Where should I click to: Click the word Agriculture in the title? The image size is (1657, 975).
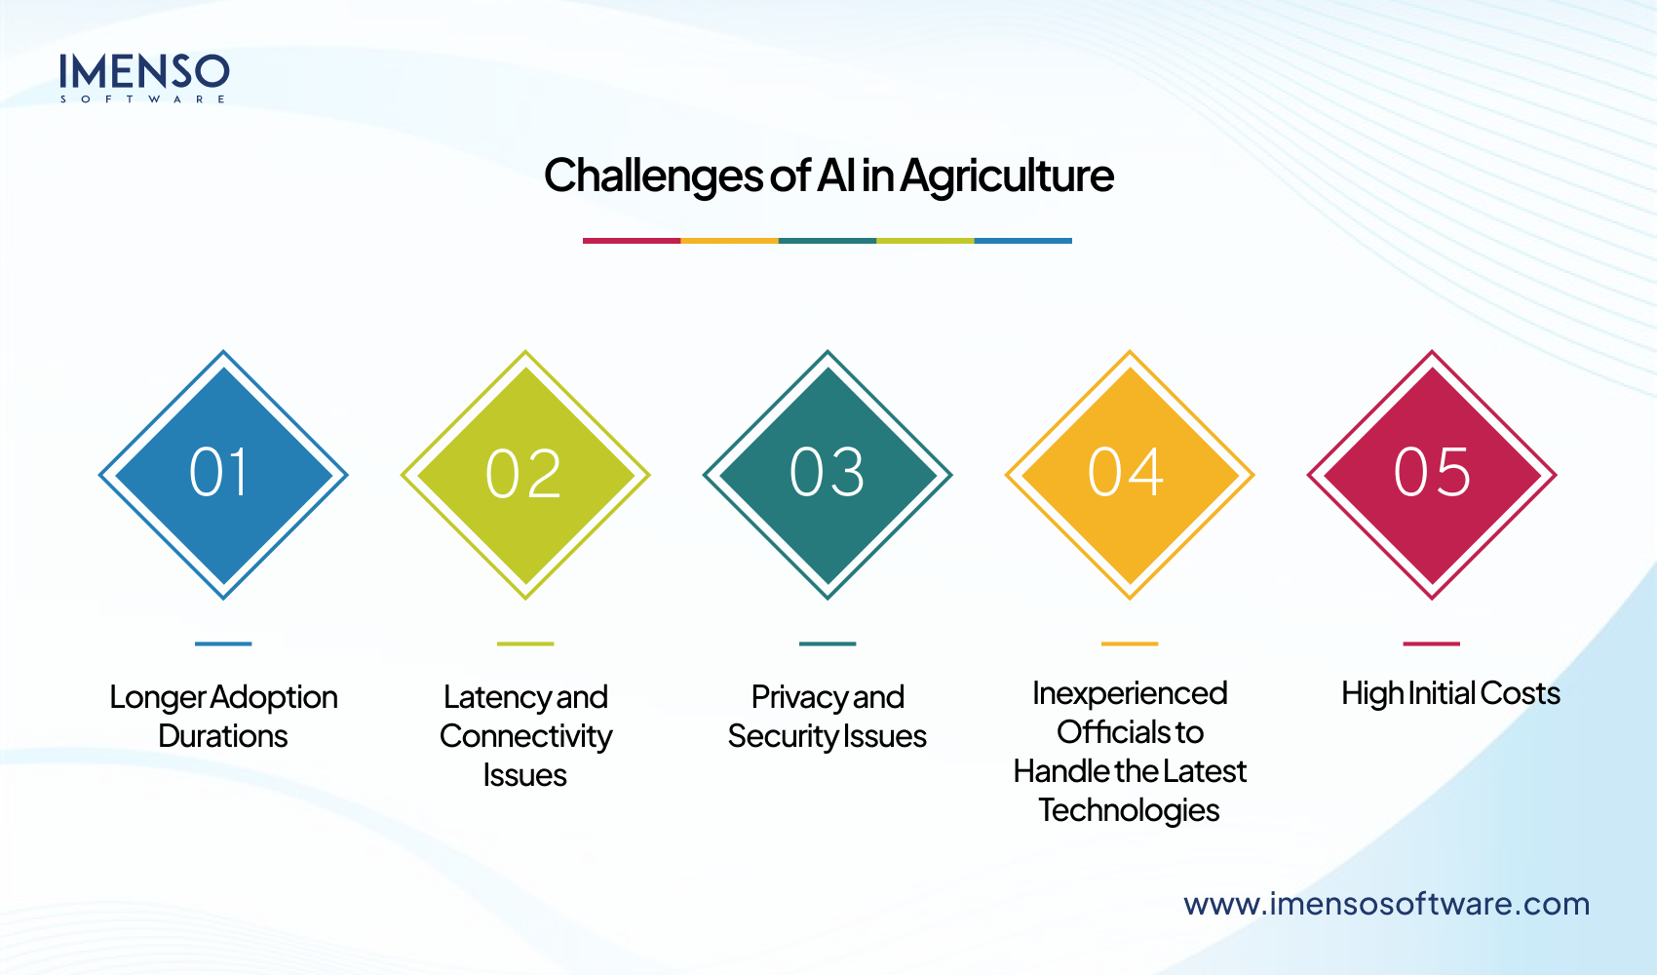click(x=1007, y=176)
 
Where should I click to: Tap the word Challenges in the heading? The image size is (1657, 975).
click(x=653, y=176)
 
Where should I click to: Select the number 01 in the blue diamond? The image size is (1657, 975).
click(x=220, y=473)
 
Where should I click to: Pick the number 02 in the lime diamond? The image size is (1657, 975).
click(x=523, y=474)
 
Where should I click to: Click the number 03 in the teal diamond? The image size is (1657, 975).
click(x=827, y=473)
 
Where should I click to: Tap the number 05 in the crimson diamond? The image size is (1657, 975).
click(x=1432, y=473)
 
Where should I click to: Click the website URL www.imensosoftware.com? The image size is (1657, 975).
click(x=1386, y=904)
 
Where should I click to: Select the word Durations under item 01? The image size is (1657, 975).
click(x=223, y=736)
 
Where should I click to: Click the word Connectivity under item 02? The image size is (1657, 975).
click(x=525, y=736)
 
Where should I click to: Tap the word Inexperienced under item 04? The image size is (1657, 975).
click(x=1130, y=693)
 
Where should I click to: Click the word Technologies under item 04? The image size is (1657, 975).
click(x=1129, y=810)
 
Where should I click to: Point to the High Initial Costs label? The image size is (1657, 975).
click(x=1450, y=693)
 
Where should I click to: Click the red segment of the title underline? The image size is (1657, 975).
click(x=632, y=240)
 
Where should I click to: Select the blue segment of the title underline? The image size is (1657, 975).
click(x=1022, y=240)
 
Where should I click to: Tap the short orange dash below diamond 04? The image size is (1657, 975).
click(x=1130, y=643)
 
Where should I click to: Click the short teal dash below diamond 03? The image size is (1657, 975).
click(x=828, y=643)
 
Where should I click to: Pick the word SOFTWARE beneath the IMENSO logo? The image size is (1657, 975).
click(x=143, y=98)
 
